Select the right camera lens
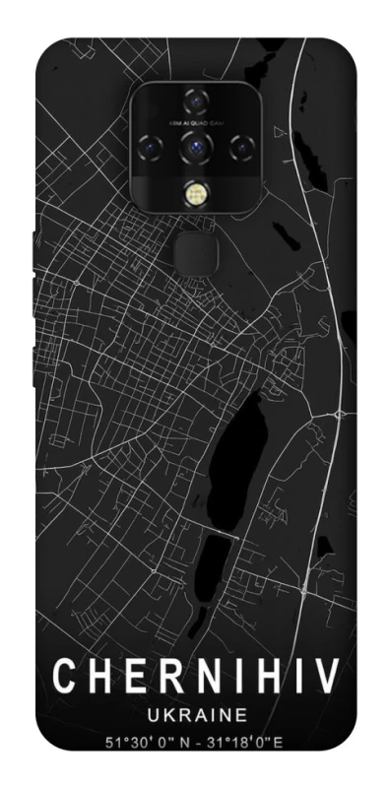238,147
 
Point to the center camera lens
193,147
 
